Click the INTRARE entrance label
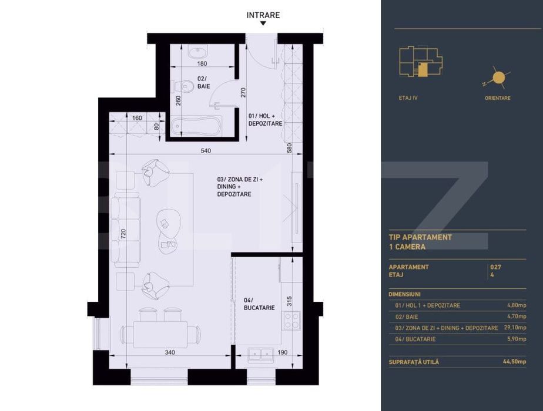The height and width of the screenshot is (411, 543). [x=263, y=15]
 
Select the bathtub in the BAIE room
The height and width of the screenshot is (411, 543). [x=196, y=125]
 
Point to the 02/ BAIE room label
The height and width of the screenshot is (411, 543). [x=203, y=82]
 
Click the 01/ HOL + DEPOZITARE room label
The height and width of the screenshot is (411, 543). [x=265, y=120]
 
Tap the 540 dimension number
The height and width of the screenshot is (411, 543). [x=206, y=151]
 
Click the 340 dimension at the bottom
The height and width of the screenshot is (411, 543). [x=169, y=352]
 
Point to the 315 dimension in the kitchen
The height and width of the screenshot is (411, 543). [x=288, y=301]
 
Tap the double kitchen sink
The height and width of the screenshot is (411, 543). [x=259, y=353]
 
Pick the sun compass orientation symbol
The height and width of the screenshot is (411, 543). [x=498, y=78]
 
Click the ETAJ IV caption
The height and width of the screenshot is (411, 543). [x=408, y=98]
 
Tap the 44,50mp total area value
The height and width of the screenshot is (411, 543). [x=514, y=362]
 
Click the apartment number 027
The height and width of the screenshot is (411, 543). [x=495, y=267]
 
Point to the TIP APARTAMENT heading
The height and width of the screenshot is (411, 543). [x=420, y=237]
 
